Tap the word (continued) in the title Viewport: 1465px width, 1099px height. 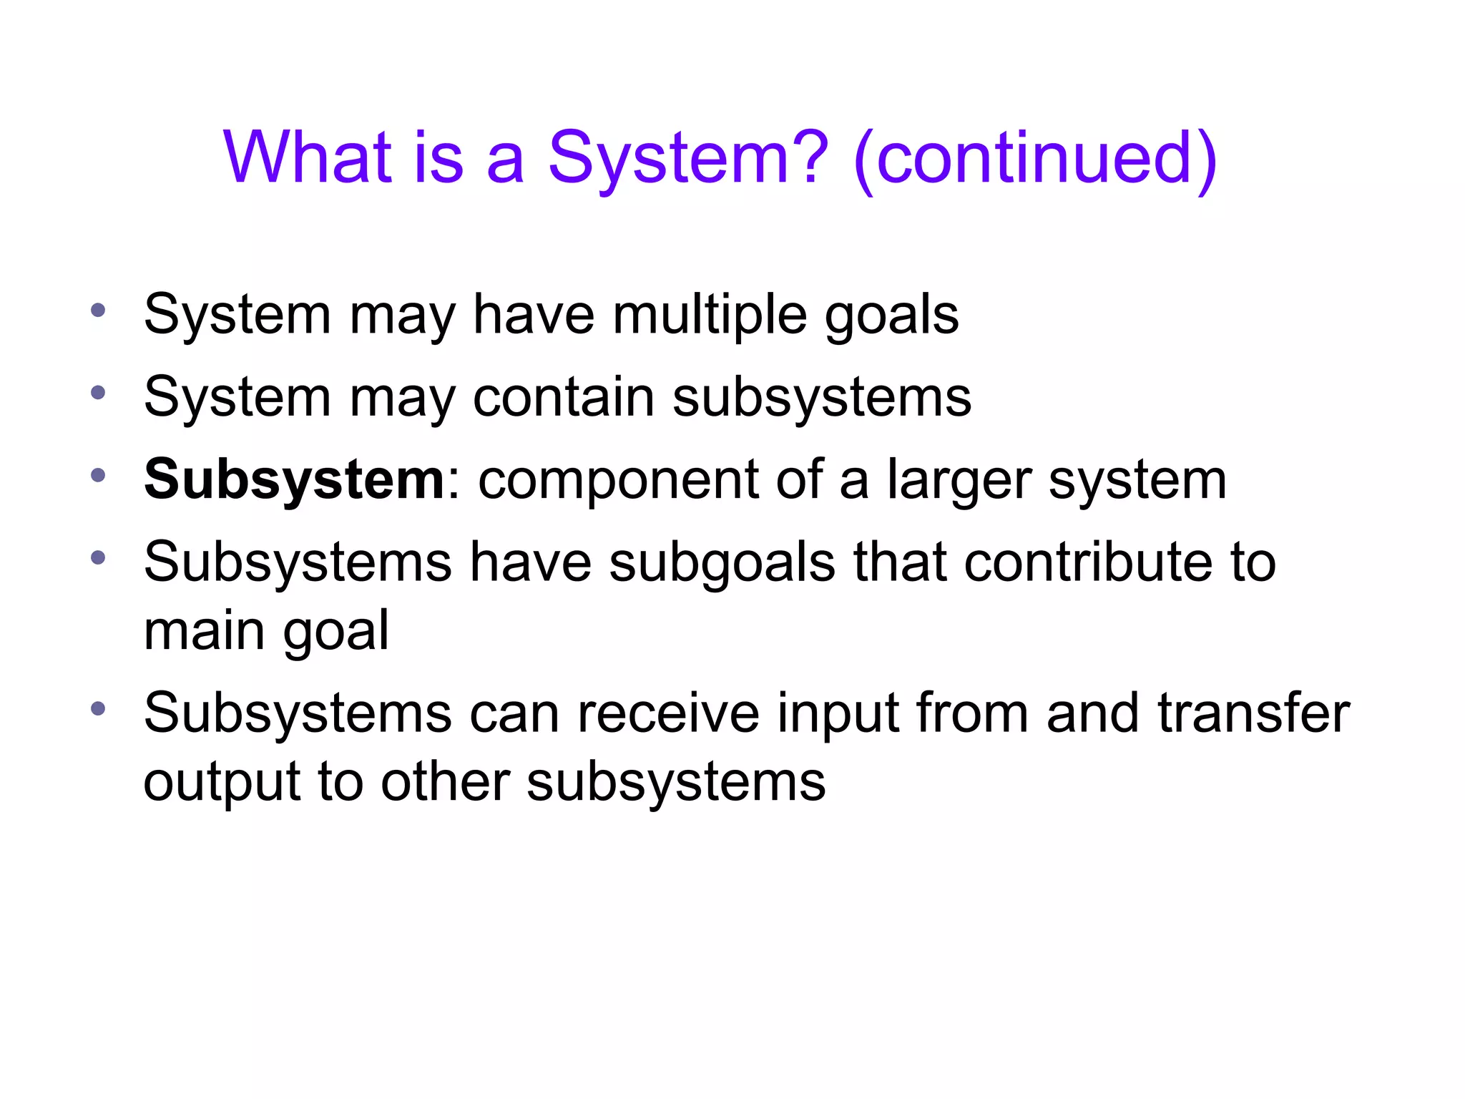click(1035, 158)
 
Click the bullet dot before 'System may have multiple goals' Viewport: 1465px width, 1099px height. click(98, 311)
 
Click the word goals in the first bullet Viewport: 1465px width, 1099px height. click(891, 316)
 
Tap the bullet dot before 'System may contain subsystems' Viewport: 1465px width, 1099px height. click(98, 393)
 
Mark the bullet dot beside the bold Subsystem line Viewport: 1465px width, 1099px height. click(98, 475)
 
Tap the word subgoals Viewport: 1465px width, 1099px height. click(722, 563)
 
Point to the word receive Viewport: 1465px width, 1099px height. click(668, 713)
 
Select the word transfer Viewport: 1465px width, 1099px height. click(1253, 713)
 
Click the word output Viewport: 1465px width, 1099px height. click(221, 782)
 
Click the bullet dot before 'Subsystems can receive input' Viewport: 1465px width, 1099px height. click(98, 709)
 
